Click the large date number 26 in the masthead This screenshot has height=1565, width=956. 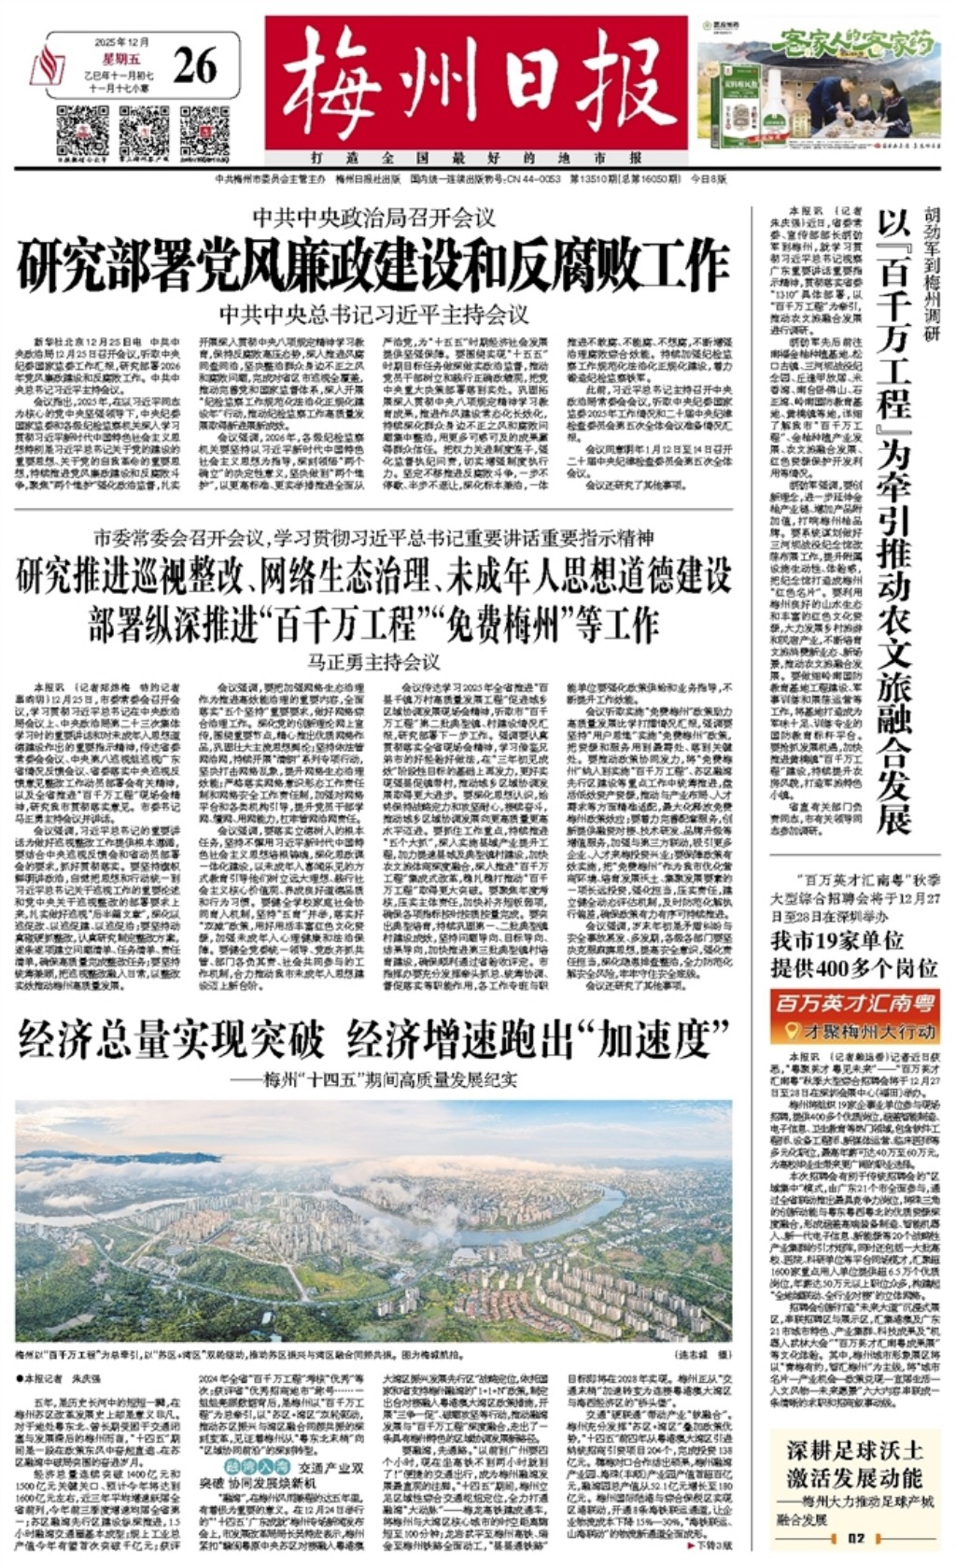coord(194,64)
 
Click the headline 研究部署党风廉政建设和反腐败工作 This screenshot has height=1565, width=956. coord(373,266)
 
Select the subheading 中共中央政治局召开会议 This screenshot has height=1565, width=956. coord(373,219)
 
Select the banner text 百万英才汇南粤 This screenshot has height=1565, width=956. coord(855,1005)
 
